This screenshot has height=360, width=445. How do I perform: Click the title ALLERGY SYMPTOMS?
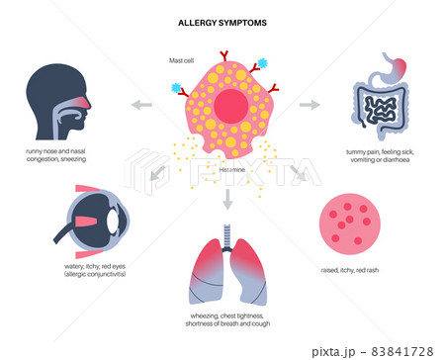point(222,21)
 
